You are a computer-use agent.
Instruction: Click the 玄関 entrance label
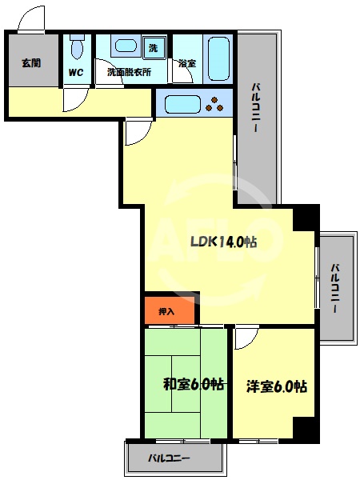point(30,62)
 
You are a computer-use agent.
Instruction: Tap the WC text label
point(77,72)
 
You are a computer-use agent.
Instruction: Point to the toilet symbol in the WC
point(77,50)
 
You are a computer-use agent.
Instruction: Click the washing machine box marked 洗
point(154,48)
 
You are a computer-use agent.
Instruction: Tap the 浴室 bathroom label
point(188,62)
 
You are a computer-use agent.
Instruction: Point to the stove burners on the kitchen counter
point(216,103)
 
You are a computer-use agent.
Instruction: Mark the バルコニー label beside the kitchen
point(258,109)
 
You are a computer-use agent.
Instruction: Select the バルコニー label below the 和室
point(169,458)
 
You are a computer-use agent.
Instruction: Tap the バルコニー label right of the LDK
point(337,287)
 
